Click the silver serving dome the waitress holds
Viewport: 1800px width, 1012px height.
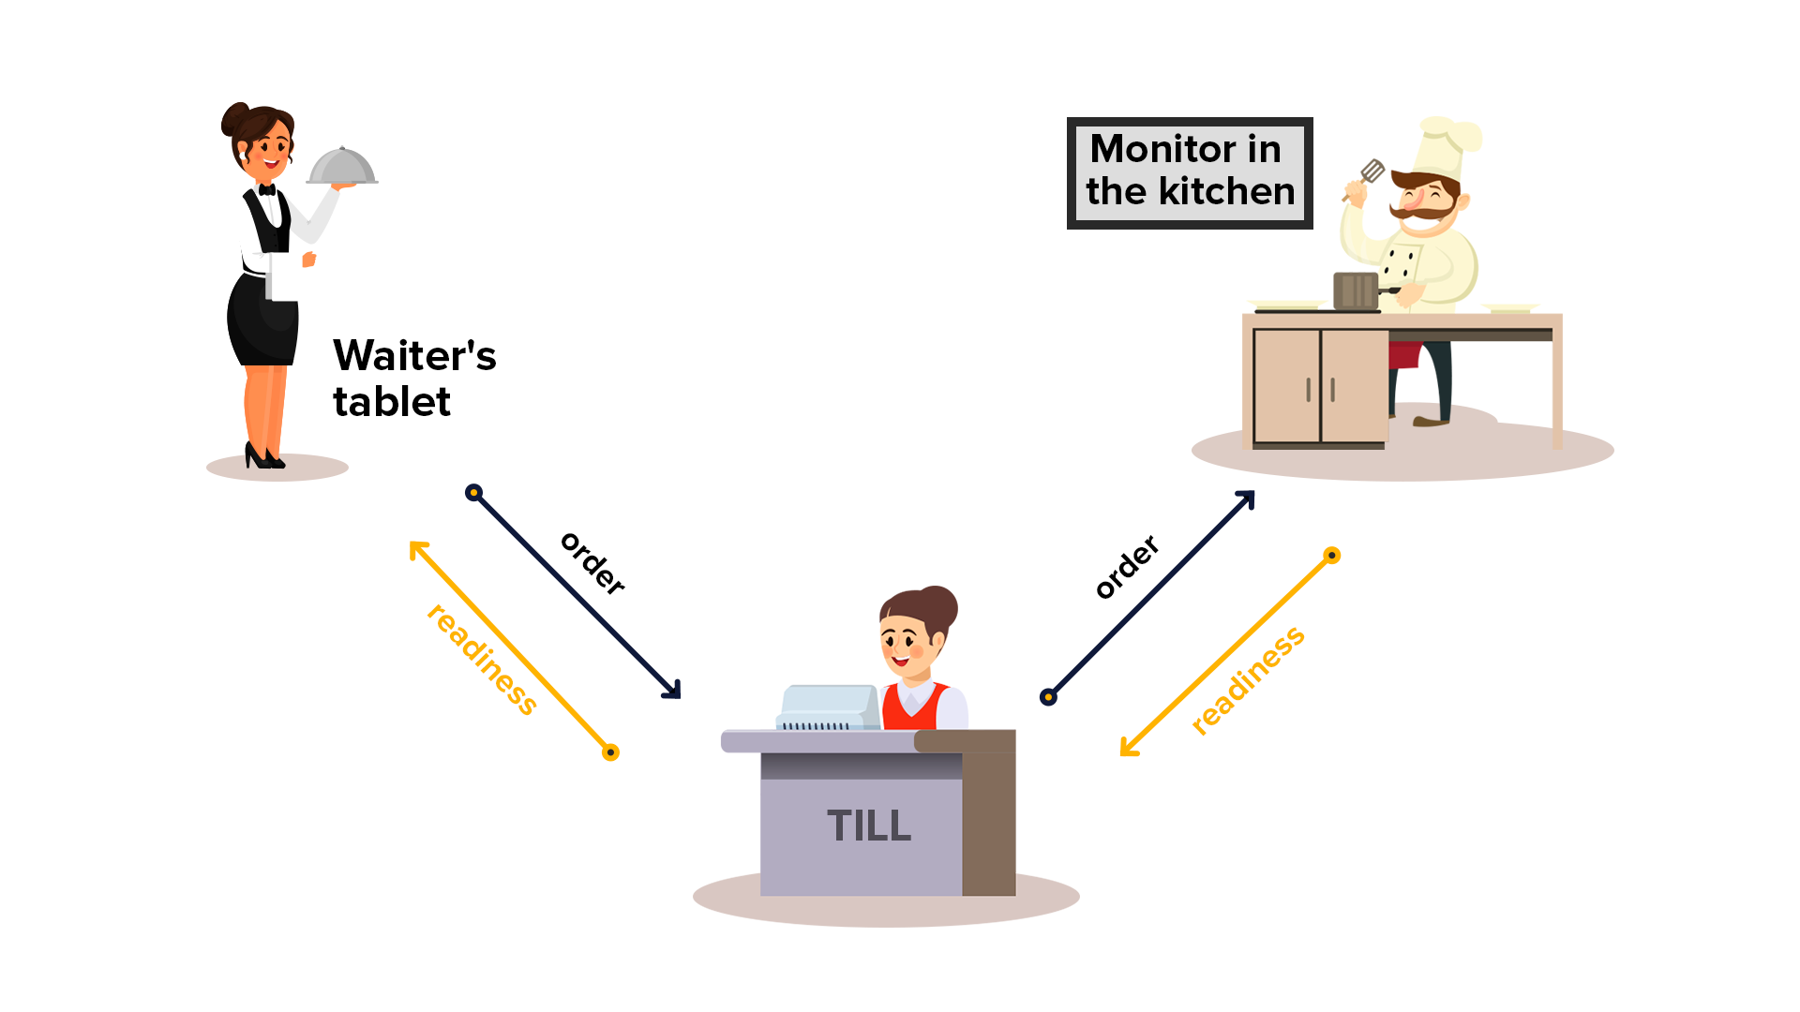point(341,168)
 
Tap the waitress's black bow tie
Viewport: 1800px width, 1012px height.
point(267,190)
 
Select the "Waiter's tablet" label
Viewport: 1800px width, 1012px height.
point(413,379)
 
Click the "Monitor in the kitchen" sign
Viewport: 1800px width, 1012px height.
point(1190,172)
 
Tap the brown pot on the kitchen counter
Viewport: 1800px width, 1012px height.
point(1356,290)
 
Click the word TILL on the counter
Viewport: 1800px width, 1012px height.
point(869,826)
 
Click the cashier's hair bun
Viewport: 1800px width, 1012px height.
point(938,605)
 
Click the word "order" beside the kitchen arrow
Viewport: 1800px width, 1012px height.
point(1127,567)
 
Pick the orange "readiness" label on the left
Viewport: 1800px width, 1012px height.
point(482,660)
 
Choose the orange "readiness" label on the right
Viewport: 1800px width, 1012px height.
point(1248,680)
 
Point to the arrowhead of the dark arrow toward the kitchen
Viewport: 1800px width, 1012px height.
point(1247,498)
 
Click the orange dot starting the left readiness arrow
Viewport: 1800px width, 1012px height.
point(610,752)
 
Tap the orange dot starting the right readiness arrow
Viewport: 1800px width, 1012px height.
point(1331,556)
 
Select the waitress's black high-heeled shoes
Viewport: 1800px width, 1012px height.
point(263,457)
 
